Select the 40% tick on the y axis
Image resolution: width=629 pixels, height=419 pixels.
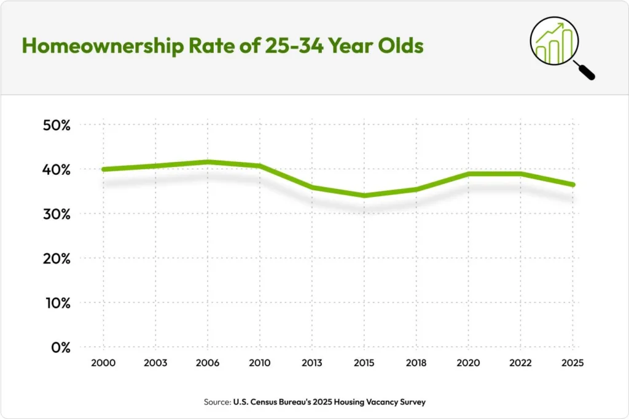(57, 169)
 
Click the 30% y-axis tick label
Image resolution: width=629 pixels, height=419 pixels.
(57, 214)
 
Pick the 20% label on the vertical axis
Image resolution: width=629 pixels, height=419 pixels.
(57, 258)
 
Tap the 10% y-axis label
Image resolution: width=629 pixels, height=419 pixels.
(57, 303)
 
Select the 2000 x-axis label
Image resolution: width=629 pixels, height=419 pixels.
(103, 363)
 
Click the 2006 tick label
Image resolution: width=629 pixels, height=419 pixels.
(207, 363)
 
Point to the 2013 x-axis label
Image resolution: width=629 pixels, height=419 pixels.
(311, 363)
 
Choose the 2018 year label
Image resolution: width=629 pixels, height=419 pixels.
(416, 363)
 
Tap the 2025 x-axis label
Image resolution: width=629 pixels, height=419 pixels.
(572, 363)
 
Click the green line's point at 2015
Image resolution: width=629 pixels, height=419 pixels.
(364, 196)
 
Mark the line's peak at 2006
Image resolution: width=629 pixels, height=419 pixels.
(207, 162)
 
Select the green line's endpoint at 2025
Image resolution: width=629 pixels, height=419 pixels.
(572, 185)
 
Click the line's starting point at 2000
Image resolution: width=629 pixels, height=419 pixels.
(103, 169)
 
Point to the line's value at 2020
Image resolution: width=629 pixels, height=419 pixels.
(468, 174)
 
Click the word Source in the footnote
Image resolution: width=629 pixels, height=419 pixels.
(217, 402)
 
